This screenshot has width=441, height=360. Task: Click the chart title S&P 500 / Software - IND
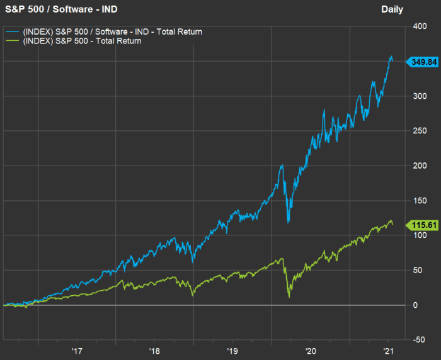pos(61,9)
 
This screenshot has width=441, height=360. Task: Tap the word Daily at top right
pos(392,9)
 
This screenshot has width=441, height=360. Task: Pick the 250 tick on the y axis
pos(418,132)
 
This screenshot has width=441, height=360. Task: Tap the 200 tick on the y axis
pos(418,166)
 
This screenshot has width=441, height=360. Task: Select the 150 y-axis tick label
pos(418,201)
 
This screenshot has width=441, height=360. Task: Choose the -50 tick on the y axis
pos(416,339)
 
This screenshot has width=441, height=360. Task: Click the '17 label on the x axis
pos(77,351)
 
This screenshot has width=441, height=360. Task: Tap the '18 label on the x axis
pos(154,351)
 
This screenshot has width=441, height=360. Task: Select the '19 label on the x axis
pos(232,351)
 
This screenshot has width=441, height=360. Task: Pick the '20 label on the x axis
pos(310,351)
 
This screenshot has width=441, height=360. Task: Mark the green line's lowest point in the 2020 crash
pos(289,297)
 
